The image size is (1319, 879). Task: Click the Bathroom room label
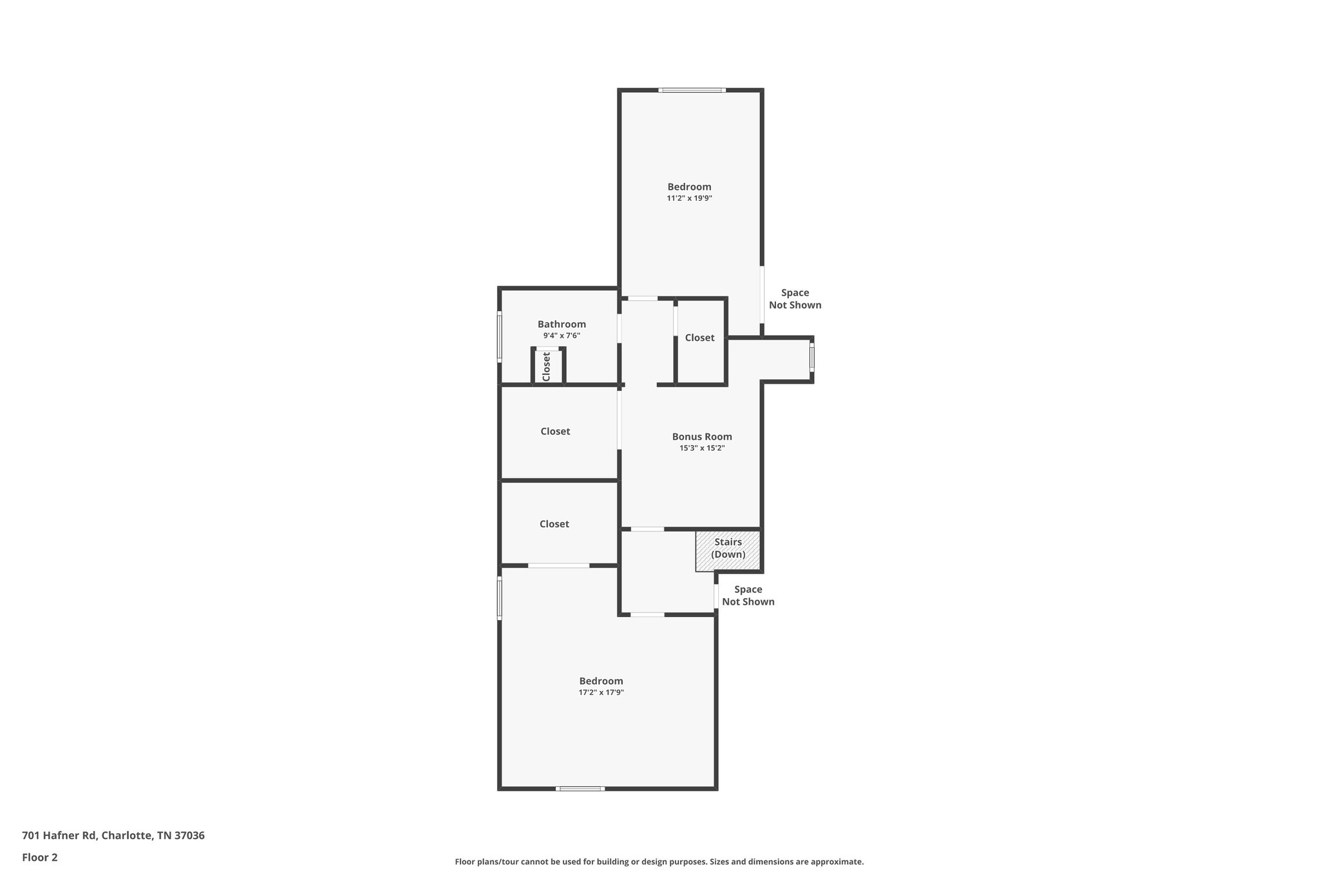(x=562, y=324)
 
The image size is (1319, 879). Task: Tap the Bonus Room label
(x=702, y=437)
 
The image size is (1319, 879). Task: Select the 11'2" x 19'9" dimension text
(x=689, y=198)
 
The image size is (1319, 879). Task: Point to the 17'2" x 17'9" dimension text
(x=601, y=692)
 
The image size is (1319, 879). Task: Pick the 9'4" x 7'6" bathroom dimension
(x=562, y=336)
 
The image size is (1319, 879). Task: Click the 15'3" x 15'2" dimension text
(x=702, y=448)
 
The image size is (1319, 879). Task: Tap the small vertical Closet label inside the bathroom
(x=547, y=366)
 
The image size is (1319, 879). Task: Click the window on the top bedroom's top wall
(x=692, y=90)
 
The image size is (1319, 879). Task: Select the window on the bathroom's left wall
(x=499, y=336)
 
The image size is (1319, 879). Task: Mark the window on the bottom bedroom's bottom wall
(x=580, y=788)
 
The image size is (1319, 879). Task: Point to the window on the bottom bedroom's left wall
(x=499, y=598)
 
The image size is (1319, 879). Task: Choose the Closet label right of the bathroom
(x=699, y=337)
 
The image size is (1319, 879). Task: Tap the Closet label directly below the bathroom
(x=555, y=431)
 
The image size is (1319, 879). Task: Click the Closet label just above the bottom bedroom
(x=554, y=524)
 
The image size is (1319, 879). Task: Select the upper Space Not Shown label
(x=795, y=299)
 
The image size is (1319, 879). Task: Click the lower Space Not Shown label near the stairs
(x=748, y=596)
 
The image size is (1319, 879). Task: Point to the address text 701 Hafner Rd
(x=113, y=835)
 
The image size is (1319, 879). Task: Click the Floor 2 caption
(x=40, y=857)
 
